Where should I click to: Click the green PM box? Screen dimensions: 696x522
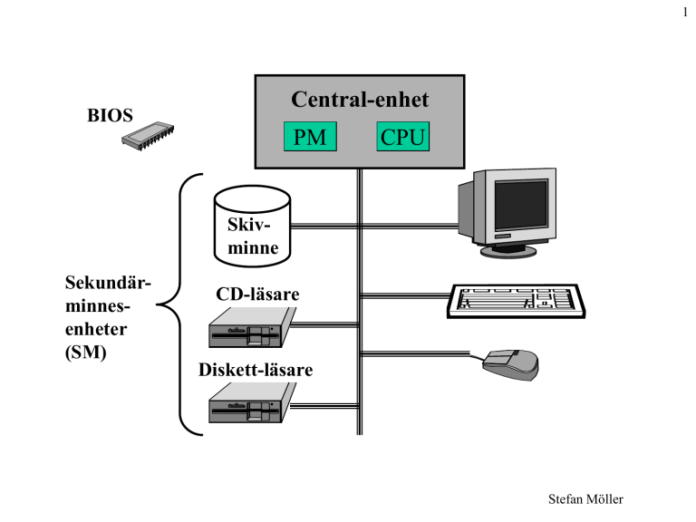tap(310, 136)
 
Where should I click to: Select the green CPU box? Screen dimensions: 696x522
tap(403, 136)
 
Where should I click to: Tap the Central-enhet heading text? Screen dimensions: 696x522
tap(360, 99)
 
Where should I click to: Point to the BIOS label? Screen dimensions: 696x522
tap(110, 115)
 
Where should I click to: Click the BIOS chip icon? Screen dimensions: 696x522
tap(148, 135)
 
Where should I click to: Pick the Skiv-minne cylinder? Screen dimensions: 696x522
tap(252, 227)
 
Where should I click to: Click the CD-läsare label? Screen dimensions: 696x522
tap(257, 294)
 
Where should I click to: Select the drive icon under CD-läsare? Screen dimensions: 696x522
tap(252, 327)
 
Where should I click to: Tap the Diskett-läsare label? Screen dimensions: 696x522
tap(256, 370)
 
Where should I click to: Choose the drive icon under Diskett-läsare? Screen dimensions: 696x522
tap(252, 402)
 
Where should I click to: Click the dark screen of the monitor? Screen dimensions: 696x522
tap(521, 205)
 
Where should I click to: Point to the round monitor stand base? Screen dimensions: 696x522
tap(508, 251)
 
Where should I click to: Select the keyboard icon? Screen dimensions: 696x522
tap(516, 301)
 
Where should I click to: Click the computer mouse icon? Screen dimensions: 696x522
tap(510, 364)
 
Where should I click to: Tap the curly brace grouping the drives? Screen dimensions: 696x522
tap(180, 304)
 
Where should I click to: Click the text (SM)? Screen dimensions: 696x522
tap(86, 353)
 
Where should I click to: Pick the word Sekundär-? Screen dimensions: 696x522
tap(109, 283)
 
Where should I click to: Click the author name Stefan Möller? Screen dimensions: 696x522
tap(585, 499)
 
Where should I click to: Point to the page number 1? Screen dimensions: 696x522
tap(685, 12)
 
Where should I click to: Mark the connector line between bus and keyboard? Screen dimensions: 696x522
tap(406, 295)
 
